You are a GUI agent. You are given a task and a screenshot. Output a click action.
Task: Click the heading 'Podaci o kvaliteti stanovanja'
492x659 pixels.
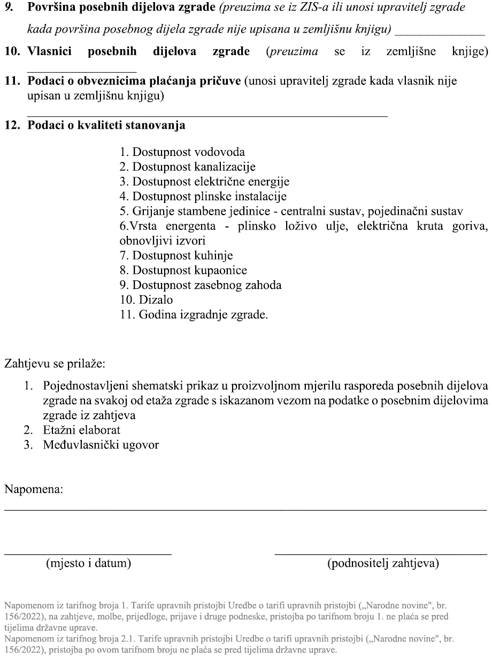coord(106,126)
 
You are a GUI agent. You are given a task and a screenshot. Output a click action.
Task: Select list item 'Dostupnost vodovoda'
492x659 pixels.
coord(182,152)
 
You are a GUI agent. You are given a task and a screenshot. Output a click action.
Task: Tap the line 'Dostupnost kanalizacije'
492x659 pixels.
coord(187,167)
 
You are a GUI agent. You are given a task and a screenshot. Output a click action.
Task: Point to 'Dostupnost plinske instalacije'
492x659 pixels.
coord(203,196)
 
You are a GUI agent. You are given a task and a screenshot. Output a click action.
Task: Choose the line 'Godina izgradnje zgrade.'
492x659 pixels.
coord(194,315)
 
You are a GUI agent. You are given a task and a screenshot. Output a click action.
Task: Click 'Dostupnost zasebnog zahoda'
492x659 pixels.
coord(201,285)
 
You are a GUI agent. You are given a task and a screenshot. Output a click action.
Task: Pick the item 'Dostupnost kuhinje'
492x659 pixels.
coord(176,255)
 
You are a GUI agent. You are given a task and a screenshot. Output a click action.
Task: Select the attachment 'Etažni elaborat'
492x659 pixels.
coord(82,429)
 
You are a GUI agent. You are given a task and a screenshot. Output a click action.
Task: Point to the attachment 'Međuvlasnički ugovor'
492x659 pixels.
coord(101,444)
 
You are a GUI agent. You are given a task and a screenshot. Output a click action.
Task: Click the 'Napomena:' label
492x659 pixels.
coord(34,489)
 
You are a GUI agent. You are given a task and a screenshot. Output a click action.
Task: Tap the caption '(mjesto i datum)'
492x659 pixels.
coord(88,563)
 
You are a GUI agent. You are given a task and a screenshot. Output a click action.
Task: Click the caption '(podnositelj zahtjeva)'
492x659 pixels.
coord(383,563)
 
